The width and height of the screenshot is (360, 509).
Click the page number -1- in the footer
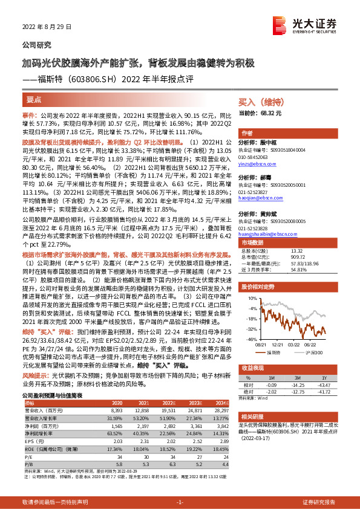[180, 502]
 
